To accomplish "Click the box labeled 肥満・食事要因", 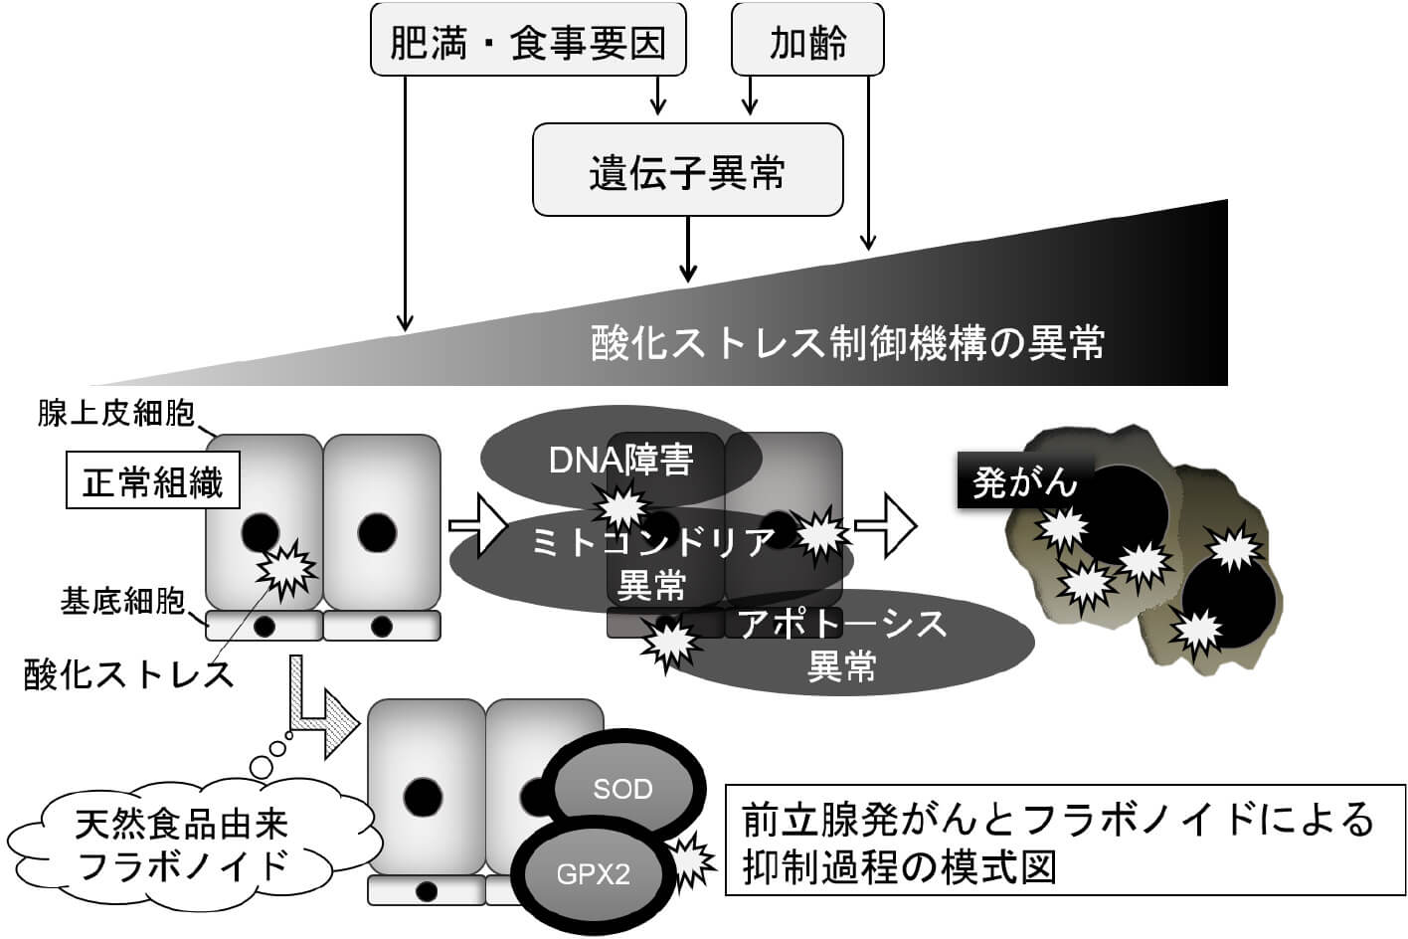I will pyautogui.click(x=528, y=41).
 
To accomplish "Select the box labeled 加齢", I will pyautogui.click(x=807, y=41).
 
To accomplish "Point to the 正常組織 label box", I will pyautogui.click(x=152, y=482).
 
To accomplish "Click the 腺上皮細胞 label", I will pyautogui.click(x=116, y=413).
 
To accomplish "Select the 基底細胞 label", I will pyautogui.click(x=122, y=602).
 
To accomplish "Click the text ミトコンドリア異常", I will pyautogui.click(x=651, y=562).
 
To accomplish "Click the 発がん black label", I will pyautogui.click(x=1024, y=482).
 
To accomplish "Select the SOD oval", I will pyautogui.click(x=622, y=789).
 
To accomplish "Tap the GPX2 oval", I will pyautogui.click(x=593, y=874).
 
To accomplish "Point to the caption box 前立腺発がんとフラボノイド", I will pyautogui.click(x=1058, y=842).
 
